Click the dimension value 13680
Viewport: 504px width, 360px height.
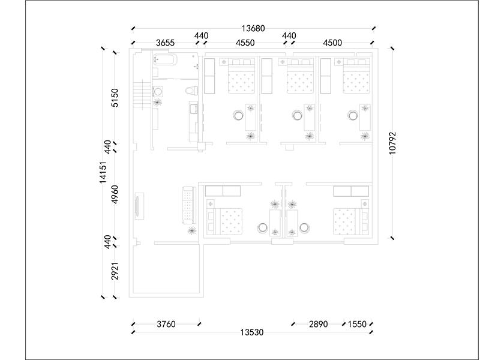tap(253, 29)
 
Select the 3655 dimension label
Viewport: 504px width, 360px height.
tap(165, 43)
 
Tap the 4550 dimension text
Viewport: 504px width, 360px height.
tap(245, 43)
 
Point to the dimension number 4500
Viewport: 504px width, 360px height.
tap(332, 43)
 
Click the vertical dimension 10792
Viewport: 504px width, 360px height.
tap(392, 143)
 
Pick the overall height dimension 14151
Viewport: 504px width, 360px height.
tap(103, 172)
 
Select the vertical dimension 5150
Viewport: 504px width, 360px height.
tap(115, 98)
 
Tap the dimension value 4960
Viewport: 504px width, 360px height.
tap(115, 194)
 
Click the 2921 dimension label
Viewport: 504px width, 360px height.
tap(115, 271)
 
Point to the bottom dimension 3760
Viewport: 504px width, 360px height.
tap(166, 324)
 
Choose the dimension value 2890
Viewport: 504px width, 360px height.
tap(318, 324)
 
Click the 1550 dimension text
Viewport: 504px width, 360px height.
tap(357, 324)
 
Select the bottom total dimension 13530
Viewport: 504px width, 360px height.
tap(252, 332)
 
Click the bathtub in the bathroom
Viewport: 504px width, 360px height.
tap(165, 59)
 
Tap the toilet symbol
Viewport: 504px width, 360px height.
tap(191, 91)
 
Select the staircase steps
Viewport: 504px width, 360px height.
tap(142, 96)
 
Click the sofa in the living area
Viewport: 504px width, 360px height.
tap(188, 205)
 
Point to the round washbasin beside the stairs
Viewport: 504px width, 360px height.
tap(158, 92)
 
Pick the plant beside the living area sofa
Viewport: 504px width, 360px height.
tap(192, 230)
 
